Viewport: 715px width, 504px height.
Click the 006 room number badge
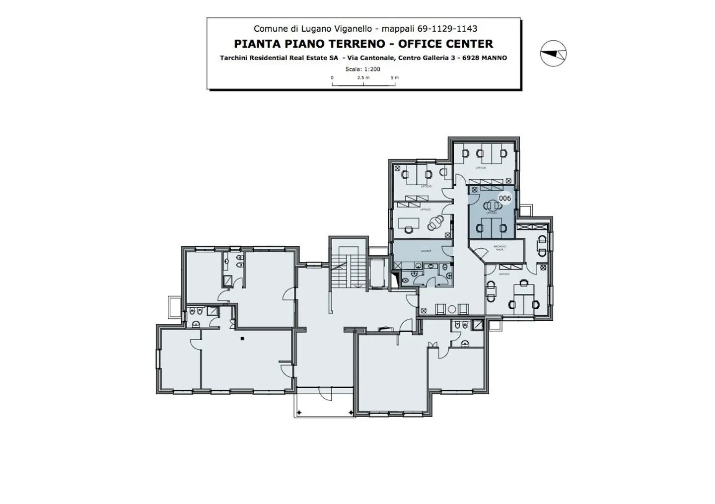[504, 198]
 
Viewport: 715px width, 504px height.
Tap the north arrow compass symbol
[553, 53]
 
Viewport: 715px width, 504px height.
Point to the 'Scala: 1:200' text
[362, 69]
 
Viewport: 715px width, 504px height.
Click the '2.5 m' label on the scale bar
[363, 77]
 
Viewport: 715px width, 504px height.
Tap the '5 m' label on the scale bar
[395, 77]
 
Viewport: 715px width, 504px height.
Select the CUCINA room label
[426, 251]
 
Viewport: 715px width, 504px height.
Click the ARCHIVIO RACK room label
[500, 248]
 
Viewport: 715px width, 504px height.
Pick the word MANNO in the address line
[494, 58]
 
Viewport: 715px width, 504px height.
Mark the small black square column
[242, 339]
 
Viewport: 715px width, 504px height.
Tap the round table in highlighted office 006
[492, 205]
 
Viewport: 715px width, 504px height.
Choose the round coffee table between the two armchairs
[452, 309]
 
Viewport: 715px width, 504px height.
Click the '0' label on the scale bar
[332, 77]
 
